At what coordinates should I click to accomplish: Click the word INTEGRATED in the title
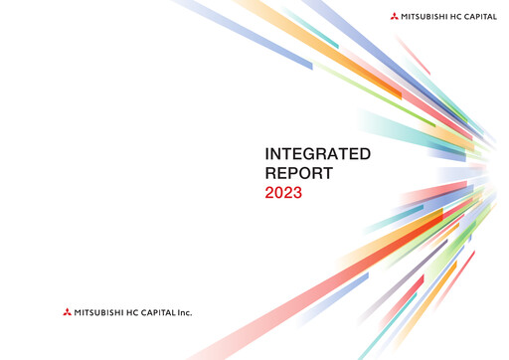[317, 154]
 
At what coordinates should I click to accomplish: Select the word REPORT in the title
[299, 173]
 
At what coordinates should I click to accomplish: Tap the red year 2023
[283, 193]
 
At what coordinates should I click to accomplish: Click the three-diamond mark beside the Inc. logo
[67, 313]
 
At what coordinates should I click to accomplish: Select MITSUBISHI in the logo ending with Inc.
[100, 313]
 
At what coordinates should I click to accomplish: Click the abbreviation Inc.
[186, 313]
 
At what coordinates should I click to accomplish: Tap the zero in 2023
[278, 193]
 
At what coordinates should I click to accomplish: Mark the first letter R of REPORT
[271, 173]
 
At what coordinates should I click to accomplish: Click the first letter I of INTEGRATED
[266, 154]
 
